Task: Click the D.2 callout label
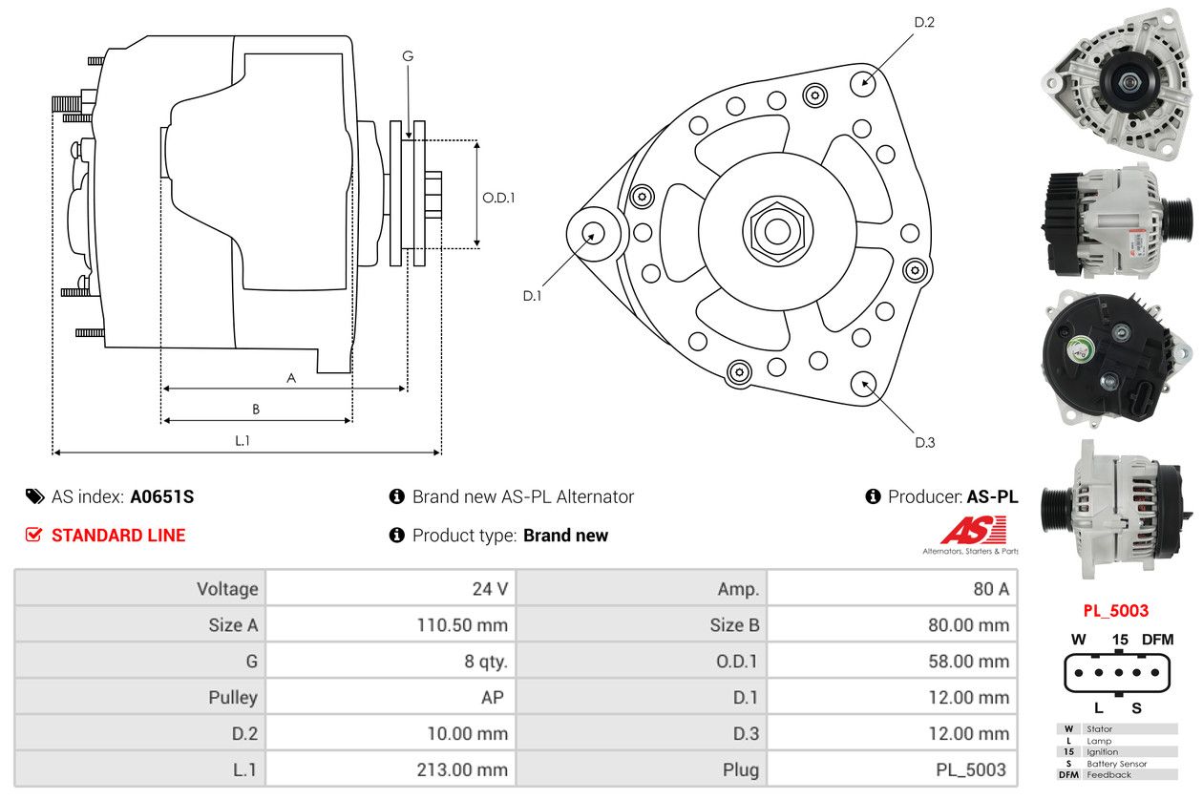(923, 22)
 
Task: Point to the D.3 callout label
(924, 442)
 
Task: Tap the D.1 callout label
(532, 296)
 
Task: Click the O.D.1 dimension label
(498, 198)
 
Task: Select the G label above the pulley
(408, 56)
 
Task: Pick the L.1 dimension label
(243, 440)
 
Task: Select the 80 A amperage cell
(990, 589)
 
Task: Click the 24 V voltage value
(490, 589)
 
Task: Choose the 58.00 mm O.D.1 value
(967, 662)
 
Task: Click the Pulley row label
(233, 698)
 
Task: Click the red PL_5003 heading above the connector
(1115, 610)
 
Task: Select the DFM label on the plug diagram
(1158, 640)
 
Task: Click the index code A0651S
(162, 496)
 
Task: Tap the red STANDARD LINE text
(118, 536)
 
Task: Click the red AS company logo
(973, 531)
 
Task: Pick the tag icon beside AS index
(34, 496)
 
